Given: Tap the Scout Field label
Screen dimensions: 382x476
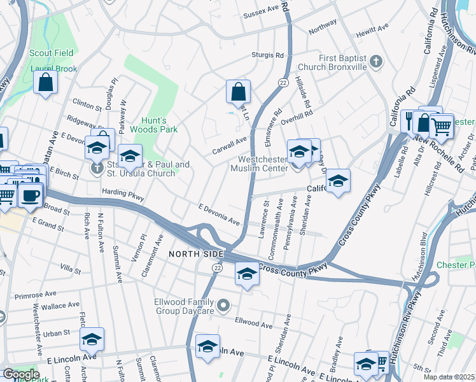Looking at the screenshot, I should pos(52,53).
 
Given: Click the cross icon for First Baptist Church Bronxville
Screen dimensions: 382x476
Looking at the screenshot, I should pos(376,62).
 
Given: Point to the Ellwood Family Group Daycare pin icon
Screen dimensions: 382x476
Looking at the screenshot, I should pos(223,307).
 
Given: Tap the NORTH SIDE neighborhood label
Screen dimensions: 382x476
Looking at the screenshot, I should pos(196,254).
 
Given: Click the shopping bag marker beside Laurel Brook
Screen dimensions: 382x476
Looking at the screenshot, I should pos(46,82).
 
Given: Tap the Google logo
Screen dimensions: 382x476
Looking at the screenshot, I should pos(21,374).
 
